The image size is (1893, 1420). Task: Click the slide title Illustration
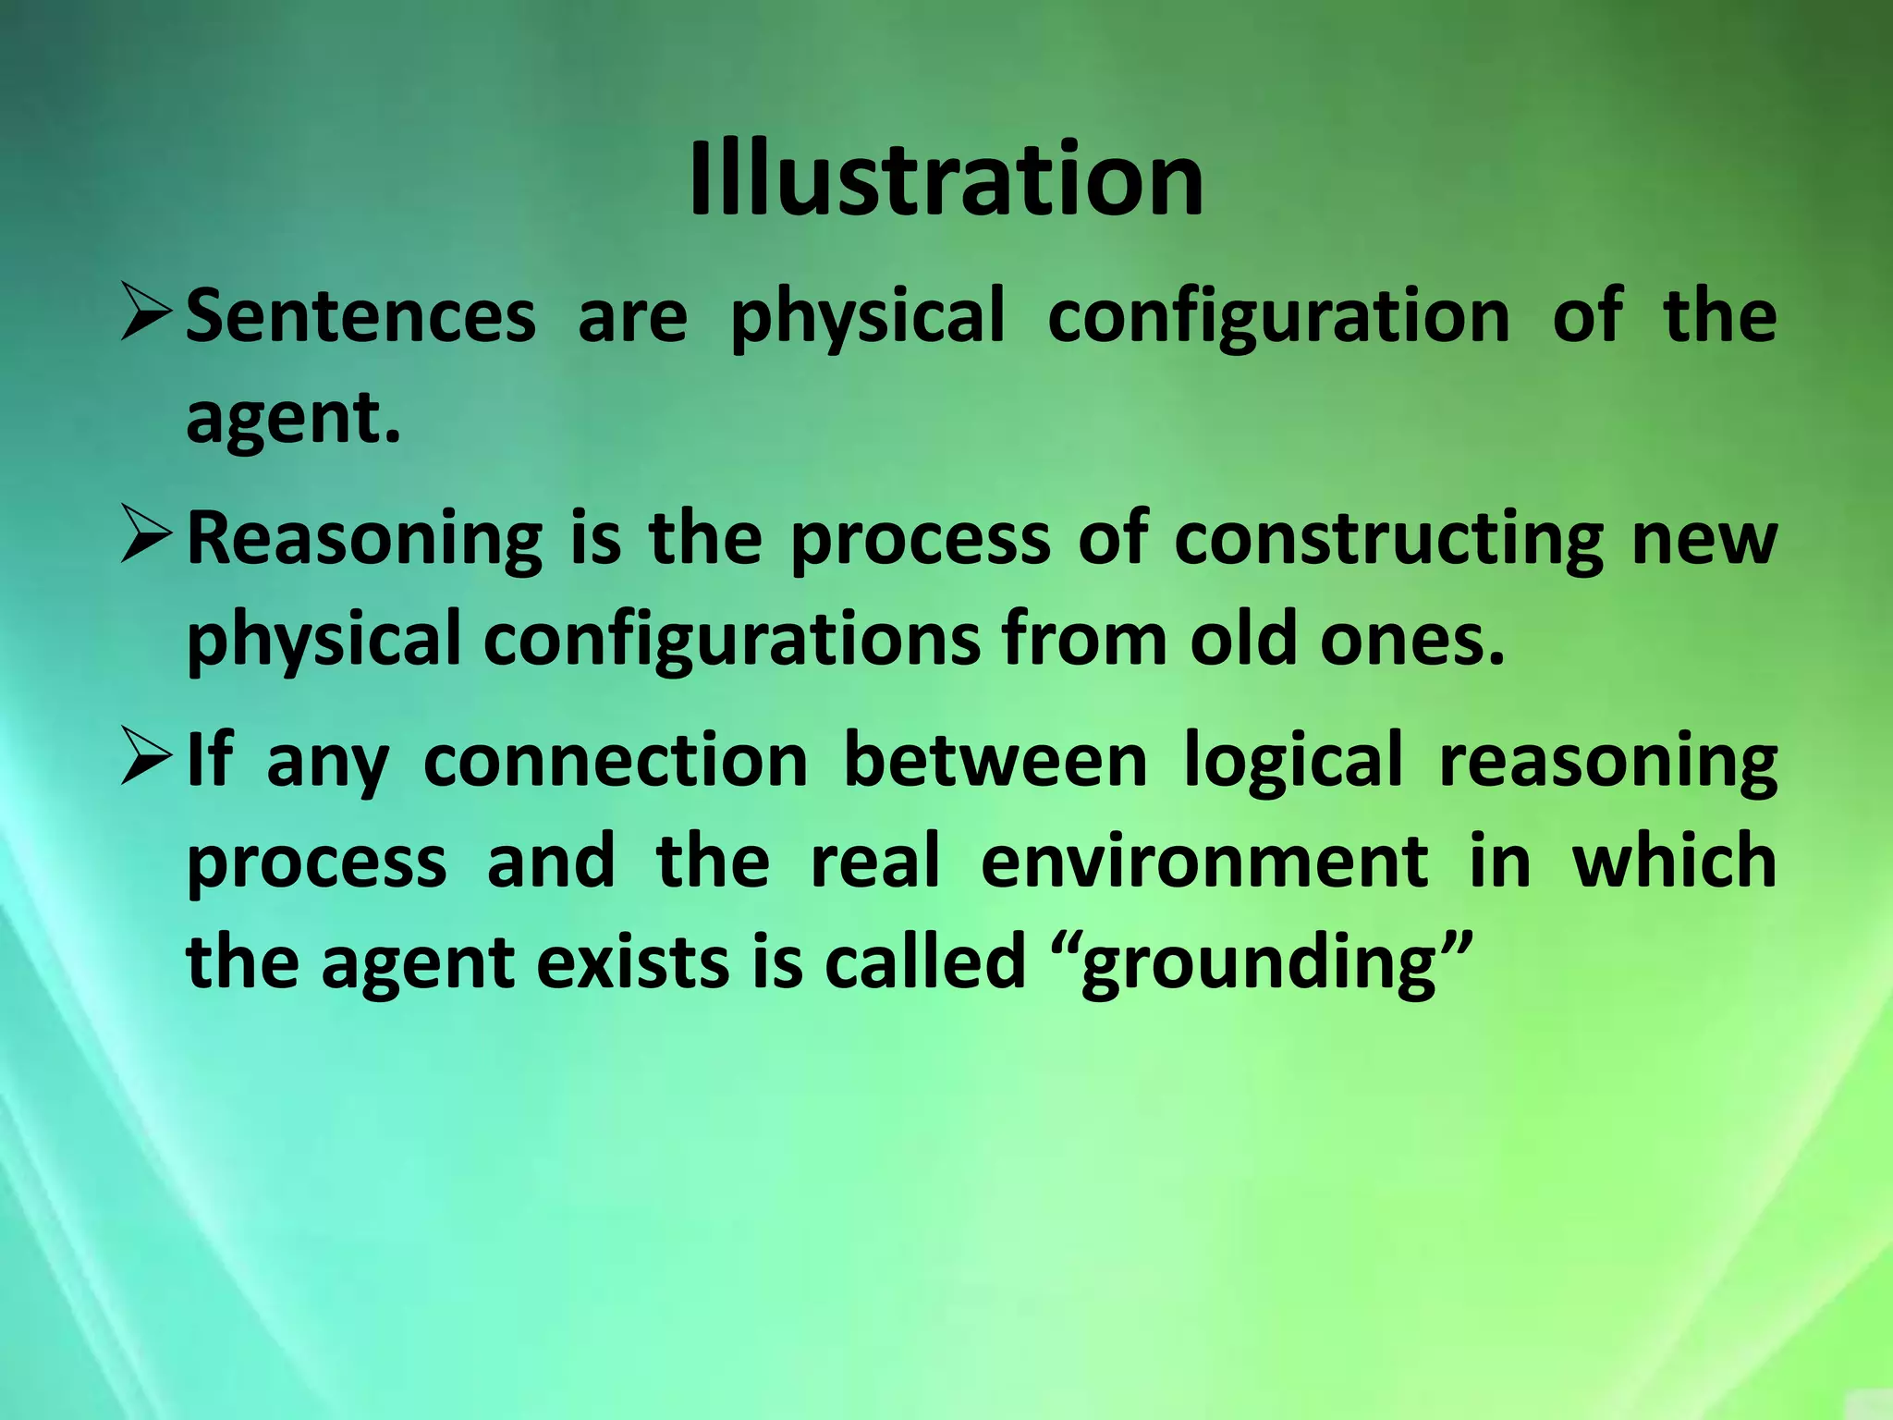pyautogui.click(x=946, y=179)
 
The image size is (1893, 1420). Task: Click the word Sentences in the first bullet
pyautogui.click(x=360, y=316)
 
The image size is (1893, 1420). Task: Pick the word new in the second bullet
pyautogui.click(x=1704, y=541)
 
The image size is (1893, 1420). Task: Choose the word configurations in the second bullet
pyautogui.click(x=731, y=643)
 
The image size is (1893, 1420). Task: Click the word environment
pyautogui.click(x=1203, y=862)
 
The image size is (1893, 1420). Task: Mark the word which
pyautogui.click(x=1674, y=862)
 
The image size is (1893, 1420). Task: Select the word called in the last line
pyautogui.click(x=924, y=962)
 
